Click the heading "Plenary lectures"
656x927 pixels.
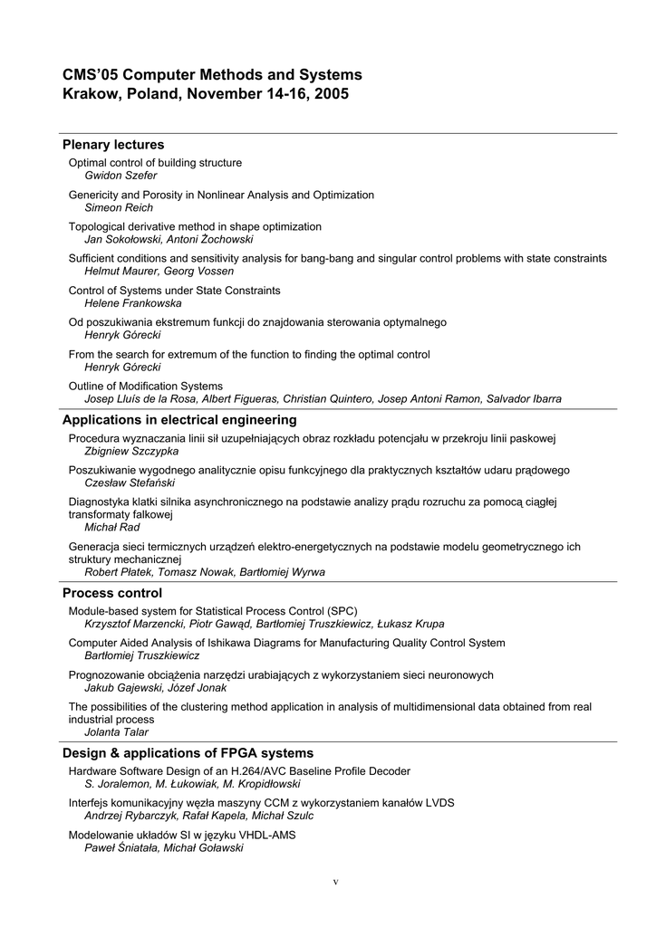point(113,145)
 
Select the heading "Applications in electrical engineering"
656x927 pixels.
point(179,420)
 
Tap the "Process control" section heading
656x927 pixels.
point(112,593)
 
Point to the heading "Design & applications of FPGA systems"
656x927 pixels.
point(188,753)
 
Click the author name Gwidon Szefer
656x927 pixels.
point(121,176)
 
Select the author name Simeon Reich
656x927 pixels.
point(119,207)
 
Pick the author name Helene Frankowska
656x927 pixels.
point(132,303)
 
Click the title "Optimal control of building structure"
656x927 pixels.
point(155,163)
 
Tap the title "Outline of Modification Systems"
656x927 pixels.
point(145,386)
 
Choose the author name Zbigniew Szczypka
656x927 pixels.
point(131,451)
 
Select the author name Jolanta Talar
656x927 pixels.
point(116,732)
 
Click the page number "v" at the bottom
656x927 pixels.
point(335,882)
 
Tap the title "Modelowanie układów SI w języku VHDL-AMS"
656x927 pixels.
point(182,835)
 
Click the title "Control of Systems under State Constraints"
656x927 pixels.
point(175,291)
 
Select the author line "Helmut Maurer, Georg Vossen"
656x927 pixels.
point(159,271)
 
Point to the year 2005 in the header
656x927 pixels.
point(331,94)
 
